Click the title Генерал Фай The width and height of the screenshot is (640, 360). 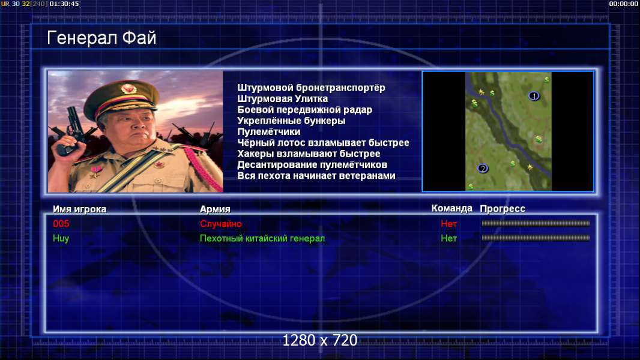point(101,38)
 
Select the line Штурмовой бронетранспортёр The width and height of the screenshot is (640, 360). point(311,88)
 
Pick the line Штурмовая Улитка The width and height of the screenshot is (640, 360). point(282,98)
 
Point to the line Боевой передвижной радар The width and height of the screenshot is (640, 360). point(304,110)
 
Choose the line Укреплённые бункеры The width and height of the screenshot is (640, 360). point(291,121)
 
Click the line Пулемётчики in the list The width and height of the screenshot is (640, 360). point(268,131)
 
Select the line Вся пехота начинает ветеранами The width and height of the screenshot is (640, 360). point(316,176)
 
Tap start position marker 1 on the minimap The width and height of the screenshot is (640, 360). point(534,96)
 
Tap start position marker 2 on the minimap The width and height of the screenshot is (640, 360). point(483,169)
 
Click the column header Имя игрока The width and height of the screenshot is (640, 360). point(80,209)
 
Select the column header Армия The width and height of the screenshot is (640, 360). point(215,209)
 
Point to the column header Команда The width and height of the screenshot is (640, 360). point(452,208)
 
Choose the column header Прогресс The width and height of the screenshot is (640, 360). point(503,209)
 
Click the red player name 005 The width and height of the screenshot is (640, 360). point(61,223)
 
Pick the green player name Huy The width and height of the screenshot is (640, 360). point(61,239)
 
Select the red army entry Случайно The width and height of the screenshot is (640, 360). point(221,224)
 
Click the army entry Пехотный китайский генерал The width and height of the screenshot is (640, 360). point(262,239)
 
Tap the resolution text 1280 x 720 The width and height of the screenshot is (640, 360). point(320,340)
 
